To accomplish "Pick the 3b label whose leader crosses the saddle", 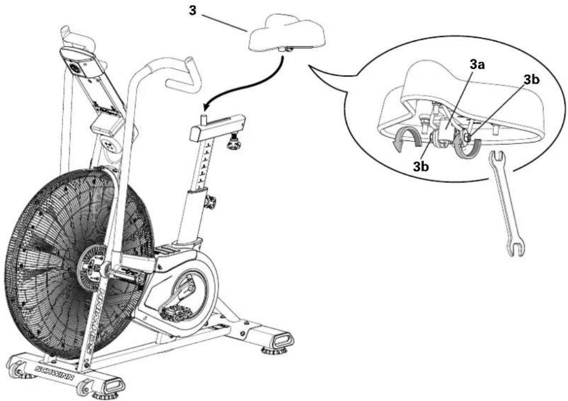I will pos(532,79).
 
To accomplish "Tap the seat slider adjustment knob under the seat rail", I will pos(232,143).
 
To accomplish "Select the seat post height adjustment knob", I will pos(212,202).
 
